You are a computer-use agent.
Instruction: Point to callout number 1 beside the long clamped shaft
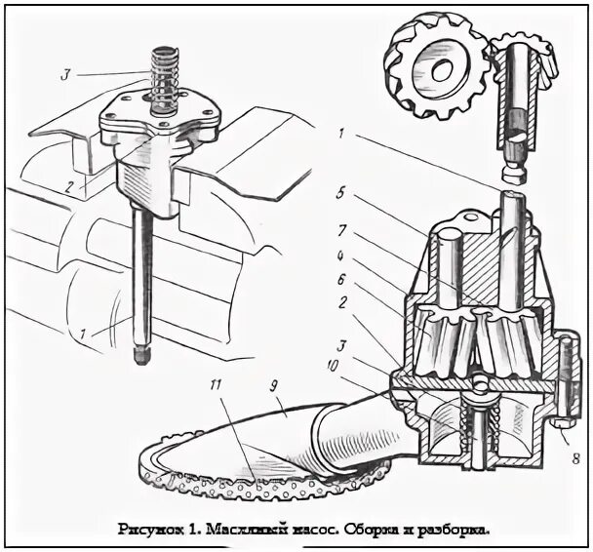click(x=86, y=335)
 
